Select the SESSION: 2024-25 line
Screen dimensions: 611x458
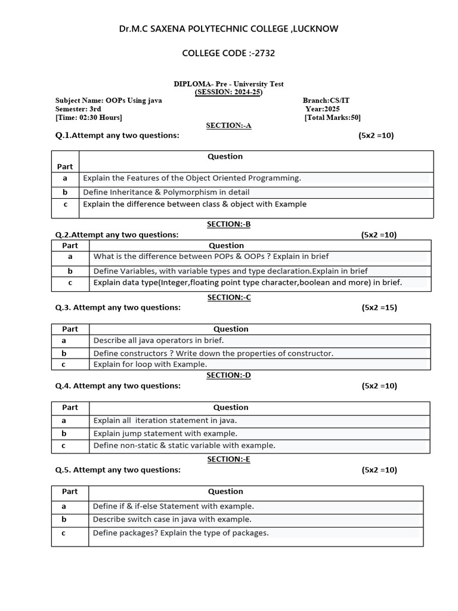(228, 92)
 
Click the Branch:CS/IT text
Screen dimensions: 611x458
(326, 101)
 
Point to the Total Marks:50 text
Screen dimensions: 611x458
(332, 118)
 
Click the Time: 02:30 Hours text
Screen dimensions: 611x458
(89, 118)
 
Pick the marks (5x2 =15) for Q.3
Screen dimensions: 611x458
(379, 308)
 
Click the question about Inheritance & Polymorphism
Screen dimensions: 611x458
(166, 192)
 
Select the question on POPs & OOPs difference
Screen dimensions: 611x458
(211, 257)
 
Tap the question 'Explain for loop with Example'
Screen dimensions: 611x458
(150, 364)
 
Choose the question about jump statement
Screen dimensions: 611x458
(165, 434)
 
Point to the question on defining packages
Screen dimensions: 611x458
(181, 533)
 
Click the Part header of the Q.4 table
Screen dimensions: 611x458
(70, 408)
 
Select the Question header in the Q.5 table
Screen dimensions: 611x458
(225, 492)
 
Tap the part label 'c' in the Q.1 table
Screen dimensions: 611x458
(65, 204)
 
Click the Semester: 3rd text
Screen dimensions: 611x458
(78, 109)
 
